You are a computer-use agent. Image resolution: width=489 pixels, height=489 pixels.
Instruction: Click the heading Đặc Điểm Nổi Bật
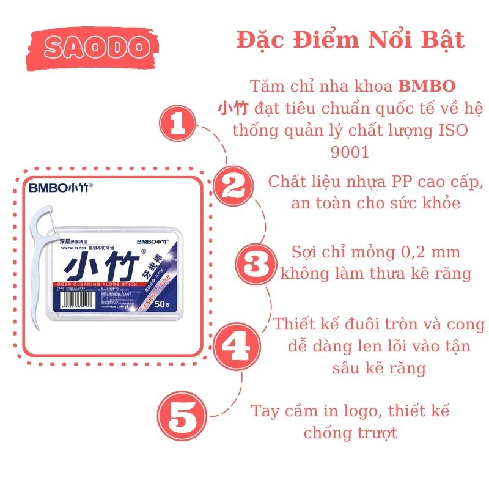350,40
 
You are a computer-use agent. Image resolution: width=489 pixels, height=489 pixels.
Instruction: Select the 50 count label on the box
163,303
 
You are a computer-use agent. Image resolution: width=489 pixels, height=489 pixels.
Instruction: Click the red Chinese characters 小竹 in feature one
233,109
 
